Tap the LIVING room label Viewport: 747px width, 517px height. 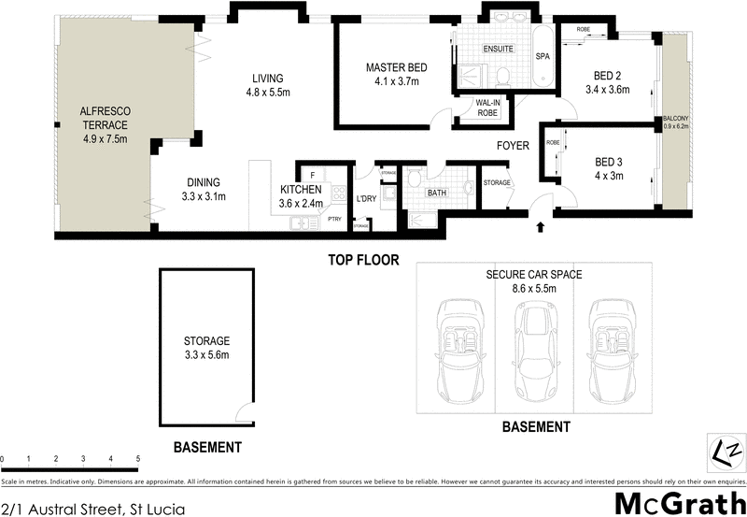[x=266, y=79]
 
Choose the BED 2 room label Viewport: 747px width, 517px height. [x=612, y=77]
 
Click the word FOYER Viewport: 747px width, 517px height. [x=513, y=146]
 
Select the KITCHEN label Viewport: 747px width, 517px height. [x=301, y=190]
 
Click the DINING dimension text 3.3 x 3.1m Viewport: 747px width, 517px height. [x=204, y=197]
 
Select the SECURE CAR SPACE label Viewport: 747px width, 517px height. [x=534, y=275]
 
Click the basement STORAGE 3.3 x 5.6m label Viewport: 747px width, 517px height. [x=206, y=348]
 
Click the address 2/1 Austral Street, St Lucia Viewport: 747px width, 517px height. [x=93, y=510]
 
